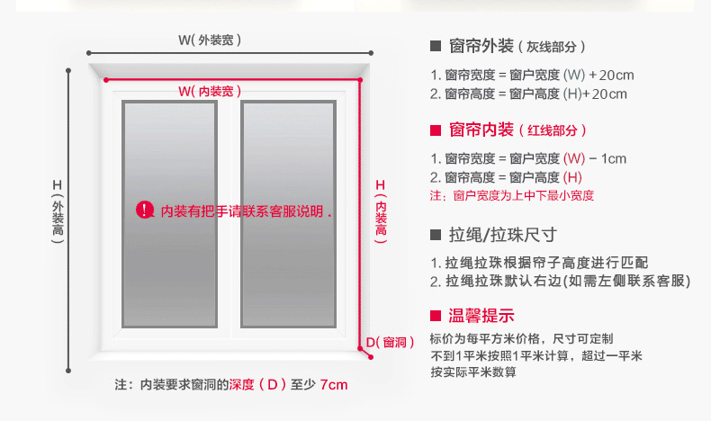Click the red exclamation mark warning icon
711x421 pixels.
tap(145, 210)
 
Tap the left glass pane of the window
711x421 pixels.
tap(169, 214)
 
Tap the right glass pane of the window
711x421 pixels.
tap(288, 214)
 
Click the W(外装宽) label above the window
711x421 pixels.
tap(210, 40)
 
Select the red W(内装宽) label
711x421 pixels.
tap(210, 91)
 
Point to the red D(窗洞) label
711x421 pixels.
tap(390, 342)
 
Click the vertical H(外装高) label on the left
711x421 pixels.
tap(58, 211)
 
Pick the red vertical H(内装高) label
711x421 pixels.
tap(381, 211)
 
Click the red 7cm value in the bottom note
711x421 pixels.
tap(334, 385)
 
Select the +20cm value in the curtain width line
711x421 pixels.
tap(611, 76)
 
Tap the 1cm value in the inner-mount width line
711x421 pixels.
tap(614, 158)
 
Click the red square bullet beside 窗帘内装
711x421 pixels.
tap(436, 130)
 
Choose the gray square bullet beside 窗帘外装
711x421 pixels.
tap(436, 46)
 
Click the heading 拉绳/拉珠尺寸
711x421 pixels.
tap(503, 235)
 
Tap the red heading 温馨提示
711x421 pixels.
tap(481, 316)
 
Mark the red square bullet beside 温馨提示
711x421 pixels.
tap(436, 316)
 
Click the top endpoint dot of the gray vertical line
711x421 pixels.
tap(68, 71)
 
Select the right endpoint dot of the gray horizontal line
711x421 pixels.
tap(371, 53)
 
